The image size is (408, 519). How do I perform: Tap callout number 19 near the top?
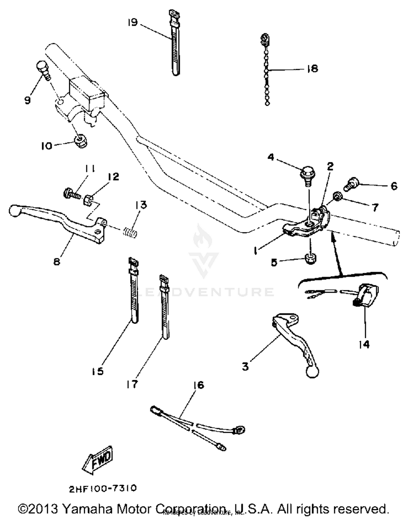click(x=133, y=22)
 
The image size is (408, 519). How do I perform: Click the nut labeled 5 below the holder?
click(x=310, y=258)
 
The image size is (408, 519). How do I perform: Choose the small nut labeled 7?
click(x=338, y=196)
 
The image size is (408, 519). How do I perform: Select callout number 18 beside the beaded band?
click(x=312, y=68)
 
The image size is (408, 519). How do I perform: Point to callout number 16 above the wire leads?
click(x=199, y=385)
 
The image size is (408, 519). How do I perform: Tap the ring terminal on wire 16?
click(x=239, y=430)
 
